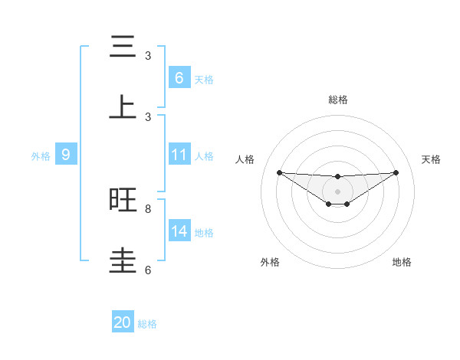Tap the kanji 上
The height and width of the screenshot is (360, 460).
click(x=123, y=106)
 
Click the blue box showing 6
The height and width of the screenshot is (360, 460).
click(x=179, y=77)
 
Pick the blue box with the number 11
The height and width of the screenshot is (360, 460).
click(x=179, y=155)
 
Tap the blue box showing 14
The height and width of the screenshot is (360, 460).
click(x=179, y=231)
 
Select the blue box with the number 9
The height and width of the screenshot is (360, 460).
click(x=66, y=155)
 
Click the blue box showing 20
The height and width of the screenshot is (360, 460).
click(x=123, y=322)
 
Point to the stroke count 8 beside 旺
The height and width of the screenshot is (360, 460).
click(x=148, y=208)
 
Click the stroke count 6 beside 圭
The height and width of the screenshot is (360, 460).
click(x=148, y=270)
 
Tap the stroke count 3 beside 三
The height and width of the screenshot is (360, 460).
click(x=148, y=56)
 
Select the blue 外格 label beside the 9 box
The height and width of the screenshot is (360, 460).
click(x=41, y=155)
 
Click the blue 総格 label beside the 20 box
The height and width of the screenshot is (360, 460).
click(x=147, y=324)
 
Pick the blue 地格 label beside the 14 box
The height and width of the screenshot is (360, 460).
click(x=204, y=232)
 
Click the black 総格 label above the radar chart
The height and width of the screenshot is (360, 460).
click(x=337, y=100)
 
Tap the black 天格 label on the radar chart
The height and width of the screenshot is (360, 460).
click(x=431, y=159)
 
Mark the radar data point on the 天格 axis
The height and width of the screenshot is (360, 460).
click(x=396, y=172)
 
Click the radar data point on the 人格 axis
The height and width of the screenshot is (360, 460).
click(x=279, y=172)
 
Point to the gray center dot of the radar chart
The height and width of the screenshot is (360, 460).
click(x=337, y=191)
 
